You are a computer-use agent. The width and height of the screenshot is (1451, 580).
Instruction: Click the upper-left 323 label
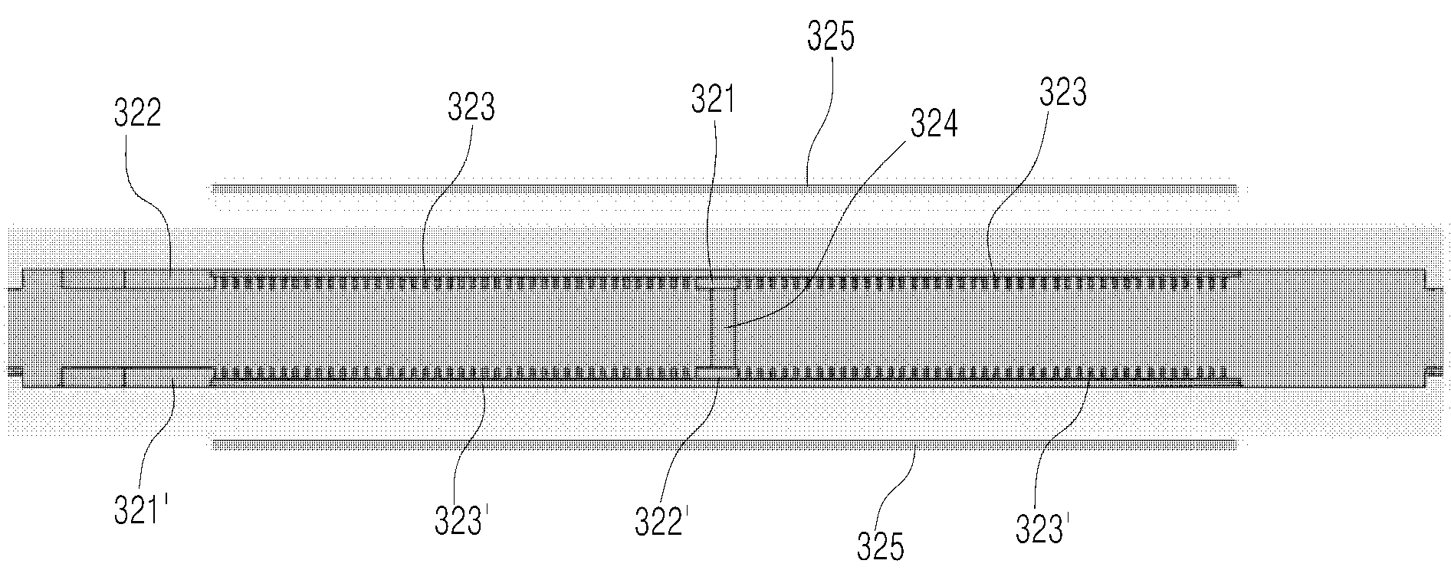[x=471, y=107]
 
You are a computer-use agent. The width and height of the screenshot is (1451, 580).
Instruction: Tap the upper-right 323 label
[x=1063, y=93]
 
